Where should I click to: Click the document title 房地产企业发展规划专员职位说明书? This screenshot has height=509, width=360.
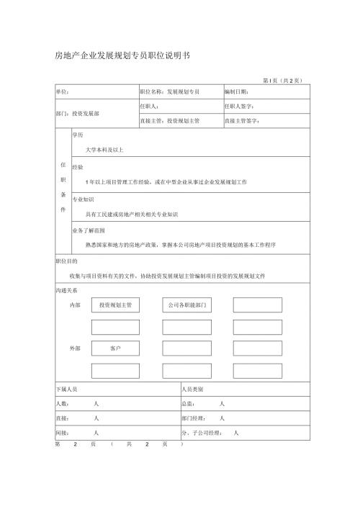pos(122,55)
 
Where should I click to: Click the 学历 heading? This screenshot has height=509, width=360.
pos(77,135)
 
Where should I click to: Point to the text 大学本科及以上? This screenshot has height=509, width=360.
pos(105,150)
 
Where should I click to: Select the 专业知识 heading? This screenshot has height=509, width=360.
pos(83,199)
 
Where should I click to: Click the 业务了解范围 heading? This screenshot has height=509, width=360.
pos(89,230)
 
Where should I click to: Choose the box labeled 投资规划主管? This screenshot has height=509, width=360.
pos(115,305)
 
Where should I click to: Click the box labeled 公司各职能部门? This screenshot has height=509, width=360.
pos(186,305)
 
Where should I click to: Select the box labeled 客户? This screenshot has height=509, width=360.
pos(115,348)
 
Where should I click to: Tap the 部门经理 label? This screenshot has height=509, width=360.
pos(194,418)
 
